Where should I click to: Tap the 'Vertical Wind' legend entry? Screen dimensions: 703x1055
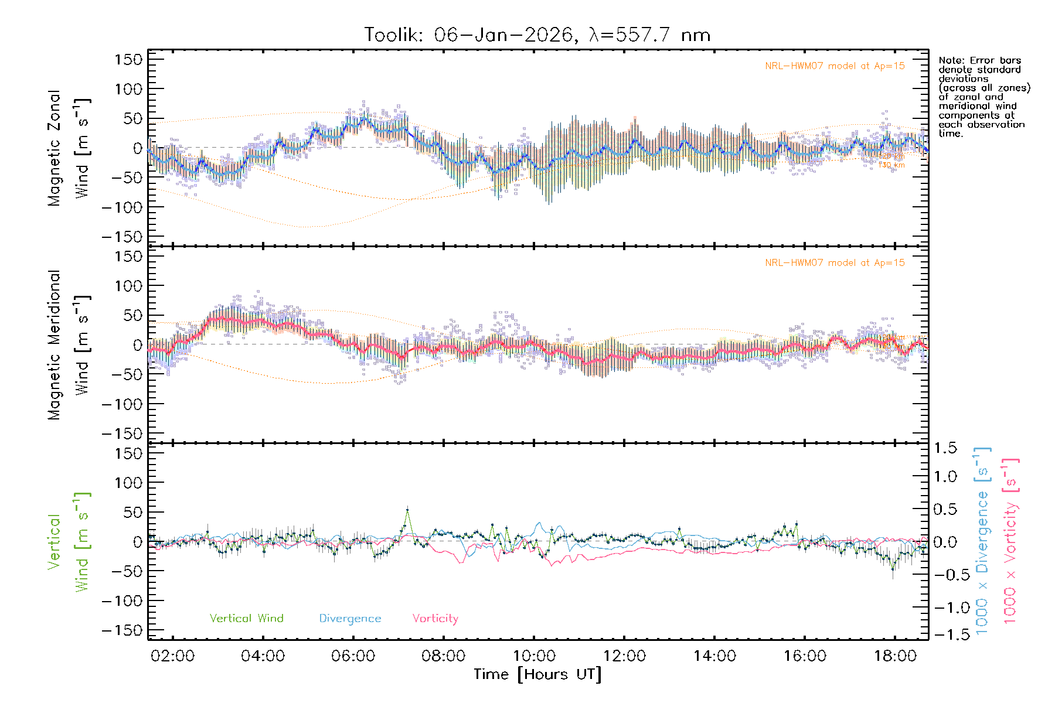(246, 618)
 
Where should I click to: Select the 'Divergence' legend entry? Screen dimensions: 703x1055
(350, 618)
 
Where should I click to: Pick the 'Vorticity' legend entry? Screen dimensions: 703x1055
(435, 618)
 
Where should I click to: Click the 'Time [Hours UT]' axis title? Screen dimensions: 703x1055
(537, 674)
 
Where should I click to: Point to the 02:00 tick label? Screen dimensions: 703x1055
(172, 656)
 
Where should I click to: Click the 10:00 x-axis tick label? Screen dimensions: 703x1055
(534, 656)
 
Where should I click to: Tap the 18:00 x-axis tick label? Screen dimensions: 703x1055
(895, 656)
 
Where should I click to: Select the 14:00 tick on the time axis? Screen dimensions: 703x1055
(714, 656)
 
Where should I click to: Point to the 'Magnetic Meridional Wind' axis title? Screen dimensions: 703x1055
(69, 345)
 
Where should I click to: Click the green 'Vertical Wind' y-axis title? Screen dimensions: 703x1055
(69, 542)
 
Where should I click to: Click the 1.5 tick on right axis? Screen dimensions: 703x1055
(945, 448)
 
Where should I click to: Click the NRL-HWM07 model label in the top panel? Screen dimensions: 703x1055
(835, 66)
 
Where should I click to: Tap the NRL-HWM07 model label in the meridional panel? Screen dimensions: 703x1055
(835, 263)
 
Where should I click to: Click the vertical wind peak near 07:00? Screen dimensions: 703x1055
(407, 510)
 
